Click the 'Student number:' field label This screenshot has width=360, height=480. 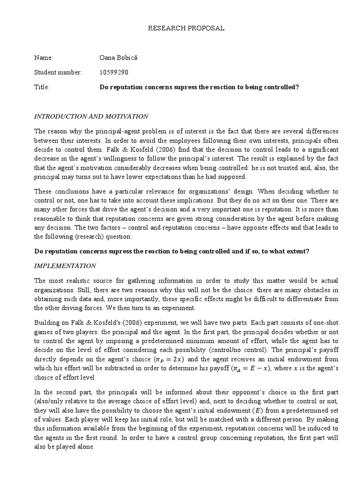(x=58, y=72)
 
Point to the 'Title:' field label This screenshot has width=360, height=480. (x=42, y=87)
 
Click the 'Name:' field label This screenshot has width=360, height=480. (x=44, y=58)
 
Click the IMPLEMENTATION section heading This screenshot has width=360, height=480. (x=65, y=266)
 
